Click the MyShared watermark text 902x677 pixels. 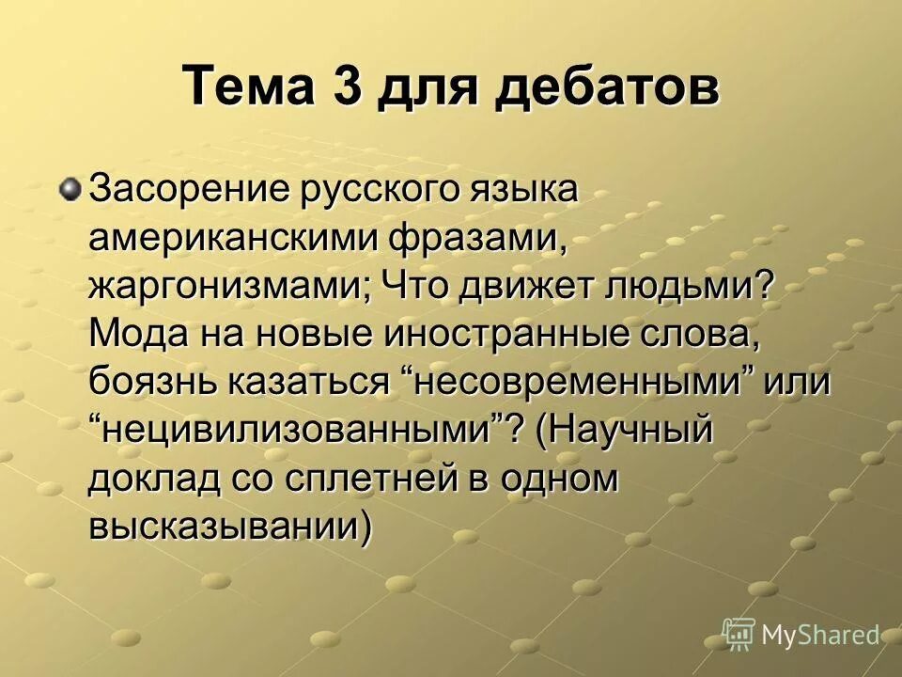pos(819,635)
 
